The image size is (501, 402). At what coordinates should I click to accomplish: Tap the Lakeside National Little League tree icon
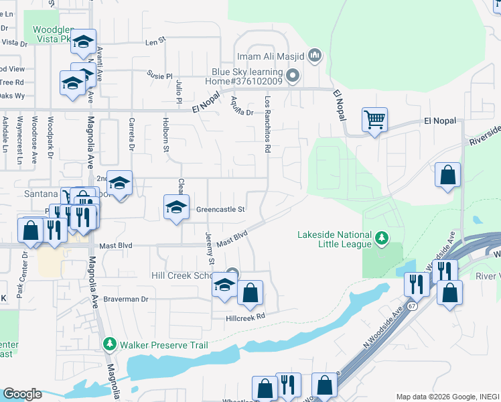pyautogui.click(x=382, y=238)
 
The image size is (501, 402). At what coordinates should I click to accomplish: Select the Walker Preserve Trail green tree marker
pyautogui.click(x=111, y=344)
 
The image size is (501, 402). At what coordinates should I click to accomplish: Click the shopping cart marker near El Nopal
pyautogui.click(x=374, y=120)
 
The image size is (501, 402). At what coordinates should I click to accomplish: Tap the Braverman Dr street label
pyautogui.click(x=125, y=299)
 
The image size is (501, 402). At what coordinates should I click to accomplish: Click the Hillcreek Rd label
pyautogui.click(x=245, y=316)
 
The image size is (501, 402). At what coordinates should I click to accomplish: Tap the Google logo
pyautogui.click(x=22, y=394)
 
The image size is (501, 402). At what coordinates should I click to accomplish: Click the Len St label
pyautogui.click(x=155, y=42)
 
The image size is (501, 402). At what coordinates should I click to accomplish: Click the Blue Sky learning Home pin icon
pyautogui.click(x=292, y=75)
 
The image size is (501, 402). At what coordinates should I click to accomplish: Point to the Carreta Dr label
pyautogui.click(x=132, y=135)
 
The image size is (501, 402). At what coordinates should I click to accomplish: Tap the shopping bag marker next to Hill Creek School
pyautogui.click(x=250, y=292)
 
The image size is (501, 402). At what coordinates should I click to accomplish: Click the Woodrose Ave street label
pyautogui.click(x=50, y=139)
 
